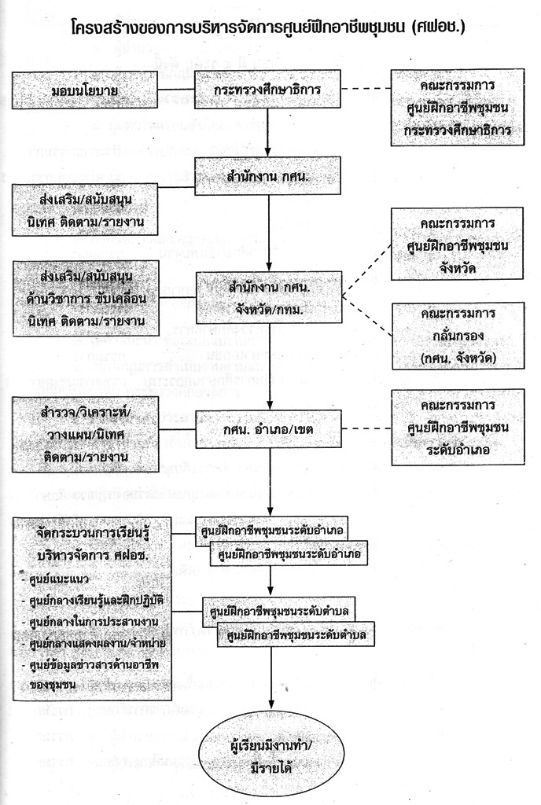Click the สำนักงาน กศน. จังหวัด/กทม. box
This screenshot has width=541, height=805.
(x=269, y=297)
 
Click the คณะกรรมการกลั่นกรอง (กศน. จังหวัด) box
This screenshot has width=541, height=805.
(x=457, y=336)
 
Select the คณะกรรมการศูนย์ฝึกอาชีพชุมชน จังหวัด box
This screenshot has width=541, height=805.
(x=457, y=243)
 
